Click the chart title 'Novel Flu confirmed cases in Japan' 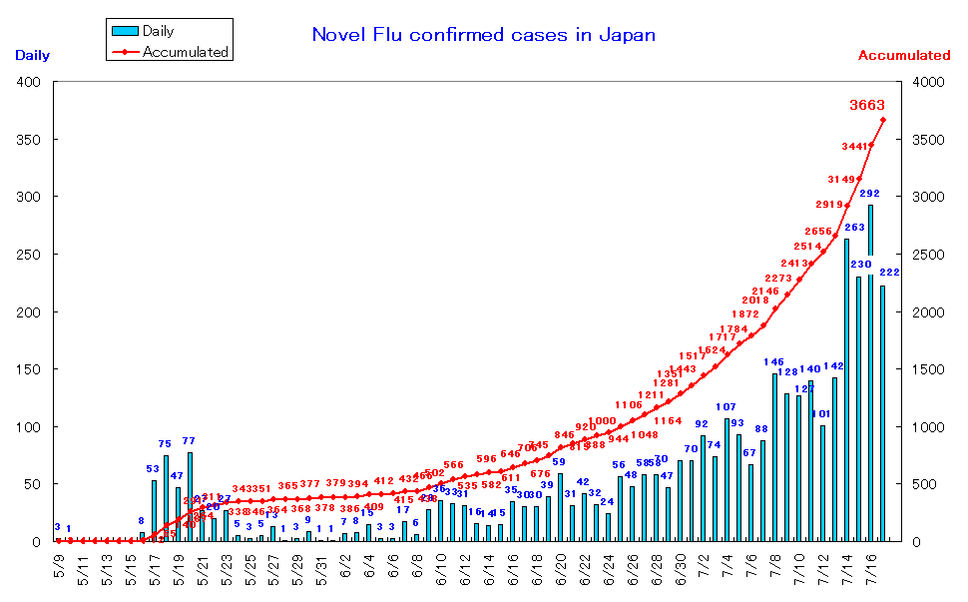pos(484,35)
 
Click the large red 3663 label pos(866,105)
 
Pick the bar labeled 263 pos(846,389)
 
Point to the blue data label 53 pos(153,468)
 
